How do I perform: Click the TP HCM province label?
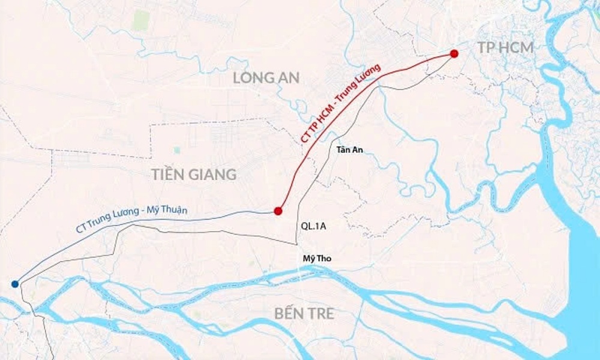(x=505, y=48)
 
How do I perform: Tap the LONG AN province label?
(x=266, y=77)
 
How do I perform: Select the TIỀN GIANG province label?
(x=194, y=175)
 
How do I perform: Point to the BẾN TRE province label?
(x=304, y=313)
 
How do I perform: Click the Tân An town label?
(x=350, y=150)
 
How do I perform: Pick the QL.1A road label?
(x=313, y=226)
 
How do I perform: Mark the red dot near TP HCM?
(x=454, y=53)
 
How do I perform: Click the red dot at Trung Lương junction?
(x=278, y=211)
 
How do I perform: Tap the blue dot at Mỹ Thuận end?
(x=14, y=284)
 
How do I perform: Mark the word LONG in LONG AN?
(x=253, y=77)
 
